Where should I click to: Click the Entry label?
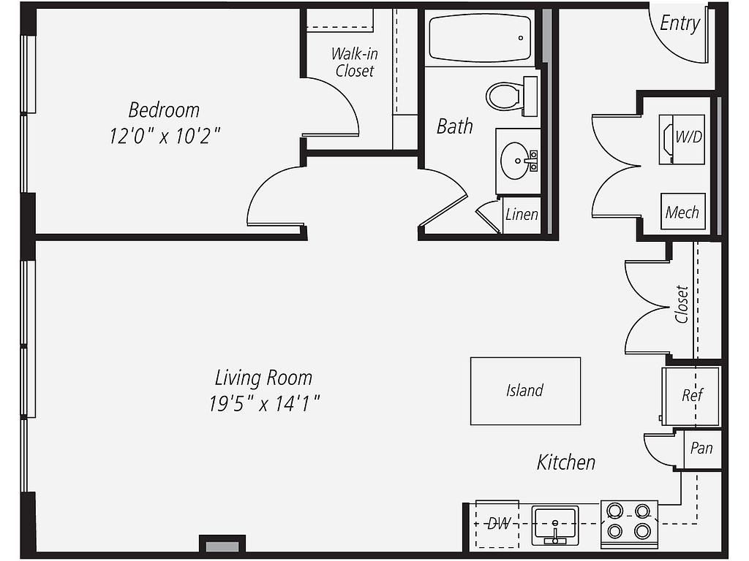680,23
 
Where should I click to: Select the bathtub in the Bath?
480,38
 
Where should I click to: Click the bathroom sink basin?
515,161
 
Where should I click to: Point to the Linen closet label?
522,215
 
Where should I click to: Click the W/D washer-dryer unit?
682,140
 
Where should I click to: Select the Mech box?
682,211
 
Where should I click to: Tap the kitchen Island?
525,391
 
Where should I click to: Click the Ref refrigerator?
690,396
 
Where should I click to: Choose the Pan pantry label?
701,448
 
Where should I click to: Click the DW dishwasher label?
499,524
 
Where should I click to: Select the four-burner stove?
629,524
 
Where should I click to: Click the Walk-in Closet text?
355,63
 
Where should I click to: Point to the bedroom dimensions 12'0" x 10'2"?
165,136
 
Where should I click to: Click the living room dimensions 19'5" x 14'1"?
263,403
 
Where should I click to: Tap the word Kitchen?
566,462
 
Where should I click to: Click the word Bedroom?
164,110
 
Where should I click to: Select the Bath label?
455,126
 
